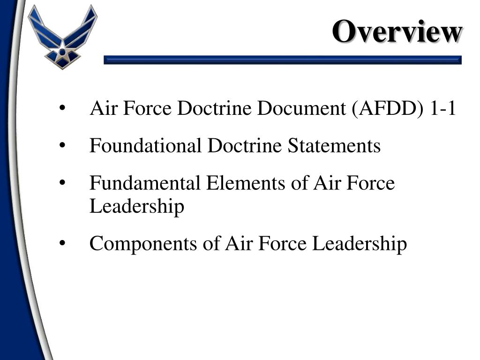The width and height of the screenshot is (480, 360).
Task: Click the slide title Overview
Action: click(x=397, y=32)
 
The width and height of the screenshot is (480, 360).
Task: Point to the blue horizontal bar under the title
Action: click(x=282, y=60)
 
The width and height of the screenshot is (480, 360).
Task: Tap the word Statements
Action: click(x=334, y=146)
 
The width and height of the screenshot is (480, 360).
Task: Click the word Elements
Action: click(x=242, y=183)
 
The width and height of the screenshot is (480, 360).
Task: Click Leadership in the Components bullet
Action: click(x=360, y=244)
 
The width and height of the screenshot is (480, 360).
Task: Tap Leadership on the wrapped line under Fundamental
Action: click(x=136, y=206)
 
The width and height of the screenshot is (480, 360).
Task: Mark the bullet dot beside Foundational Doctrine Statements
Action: click(x=62, y=146)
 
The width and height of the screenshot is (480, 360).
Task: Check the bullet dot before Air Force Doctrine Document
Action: click(x=62, y=109)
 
